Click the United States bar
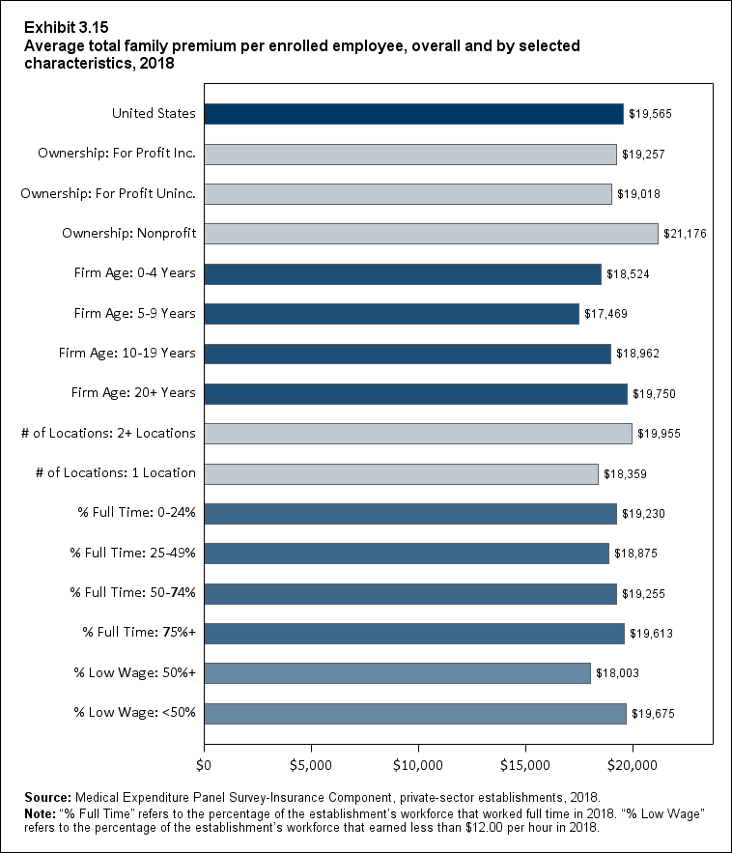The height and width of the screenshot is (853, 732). tap(413, 113)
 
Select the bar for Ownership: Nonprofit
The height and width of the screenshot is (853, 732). tap(431, 233)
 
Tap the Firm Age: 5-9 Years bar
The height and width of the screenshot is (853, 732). tap(391, 313)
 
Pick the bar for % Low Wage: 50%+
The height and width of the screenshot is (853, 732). tap(397, 673)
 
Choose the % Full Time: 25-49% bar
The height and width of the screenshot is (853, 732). tap(406, 554)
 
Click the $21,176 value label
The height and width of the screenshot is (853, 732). tap(686, 234)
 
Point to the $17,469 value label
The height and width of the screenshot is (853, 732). tap(606, 314)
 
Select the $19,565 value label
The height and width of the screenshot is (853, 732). tap(650, 114)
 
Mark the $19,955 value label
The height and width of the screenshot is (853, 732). tap(660, 434)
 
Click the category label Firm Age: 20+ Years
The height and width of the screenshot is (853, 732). tap(133, 393)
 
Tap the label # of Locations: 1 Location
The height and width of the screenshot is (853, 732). tap(108, 473)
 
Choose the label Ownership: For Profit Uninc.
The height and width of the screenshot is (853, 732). tap(108, 193)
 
